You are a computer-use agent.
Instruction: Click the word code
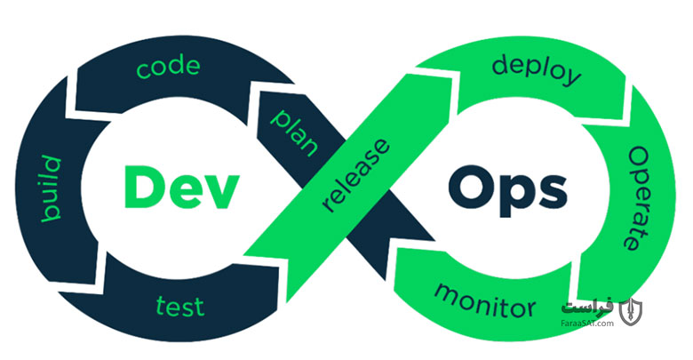point(168,68)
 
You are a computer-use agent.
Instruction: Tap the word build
point(52,188)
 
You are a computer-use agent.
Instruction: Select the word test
point(180,306)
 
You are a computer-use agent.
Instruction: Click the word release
point(356,175)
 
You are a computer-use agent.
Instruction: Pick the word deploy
point(536,71)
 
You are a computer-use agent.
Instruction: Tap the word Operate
point(637,199)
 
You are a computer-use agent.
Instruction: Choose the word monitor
point(485,300)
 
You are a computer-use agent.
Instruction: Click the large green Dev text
point(181,187)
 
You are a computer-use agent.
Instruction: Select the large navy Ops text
point(507,190)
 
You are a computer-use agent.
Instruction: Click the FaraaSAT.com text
point(587,324)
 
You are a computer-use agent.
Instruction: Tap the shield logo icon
point(630,312)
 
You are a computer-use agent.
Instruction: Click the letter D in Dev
point(143,187)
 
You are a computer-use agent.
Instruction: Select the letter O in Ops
point(471,187)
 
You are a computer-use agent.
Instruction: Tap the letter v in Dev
point(221,192)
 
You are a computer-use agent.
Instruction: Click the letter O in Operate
point(639,159)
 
